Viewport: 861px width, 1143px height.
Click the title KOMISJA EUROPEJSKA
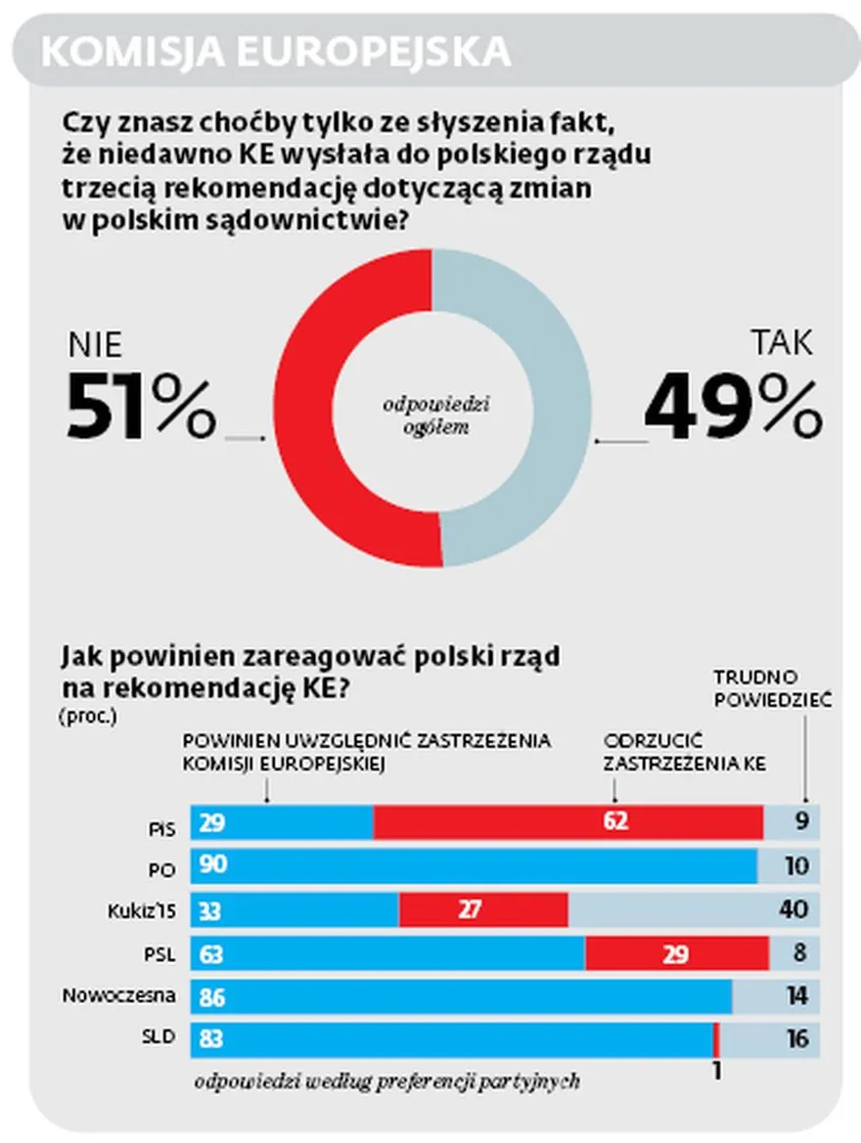click(276, 52)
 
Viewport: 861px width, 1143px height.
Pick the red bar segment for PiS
click(567, 822)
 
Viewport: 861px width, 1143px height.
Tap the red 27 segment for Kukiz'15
click(483, 909)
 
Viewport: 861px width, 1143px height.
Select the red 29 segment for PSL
click(676, 953)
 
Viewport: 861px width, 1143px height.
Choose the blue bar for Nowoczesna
click(461, 996)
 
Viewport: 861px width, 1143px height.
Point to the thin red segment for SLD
click(717, 1039)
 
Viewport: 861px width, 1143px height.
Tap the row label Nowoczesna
click(119, 996)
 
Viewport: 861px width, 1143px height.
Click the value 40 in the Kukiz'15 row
click(793, 909)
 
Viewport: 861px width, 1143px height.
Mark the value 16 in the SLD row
click(797, 1039)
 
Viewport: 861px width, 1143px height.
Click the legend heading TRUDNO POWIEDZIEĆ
click(771, 688)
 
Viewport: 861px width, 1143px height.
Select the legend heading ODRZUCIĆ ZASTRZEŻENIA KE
click(684, 752)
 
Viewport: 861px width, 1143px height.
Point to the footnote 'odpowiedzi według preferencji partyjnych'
click(387, 1081)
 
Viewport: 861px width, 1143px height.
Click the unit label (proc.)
click(87, 716)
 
